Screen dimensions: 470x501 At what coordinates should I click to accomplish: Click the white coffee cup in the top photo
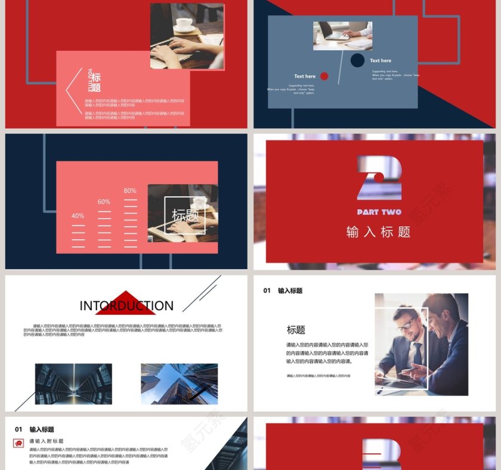[x=184, y=24]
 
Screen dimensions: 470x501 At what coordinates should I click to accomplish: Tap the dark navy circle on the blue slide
[x=357, y=60]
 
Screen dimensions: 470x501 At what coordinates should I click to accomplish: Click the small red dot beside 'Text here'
[x=324, y=76]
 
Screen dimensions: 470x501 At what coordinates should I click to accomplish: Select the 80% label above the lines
[x=130, y=191]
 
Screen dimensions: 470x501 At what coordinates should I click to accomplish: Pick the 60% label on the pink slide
[x=104, y=202]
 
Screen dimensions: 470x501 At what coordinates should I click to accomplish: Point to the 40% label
[x=78, y=215]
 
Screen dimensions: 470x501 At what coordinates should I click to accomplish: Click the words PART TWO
[x=379, y=212]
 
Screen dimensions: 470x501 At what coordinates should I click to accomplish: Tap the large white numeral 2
[x=379, y=177]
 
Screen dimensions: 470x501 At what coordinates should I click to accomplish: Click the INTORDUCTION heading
[x=126, y=306]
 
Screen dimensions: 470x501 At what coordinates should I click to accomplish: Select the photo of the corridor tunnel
[x=73, y=384]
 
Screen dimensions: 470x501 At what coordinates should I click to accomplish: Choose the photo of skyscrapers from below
[x=179, y=384]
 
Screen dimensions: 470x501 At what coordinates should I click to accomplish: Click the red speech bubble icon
[x=18, y=443]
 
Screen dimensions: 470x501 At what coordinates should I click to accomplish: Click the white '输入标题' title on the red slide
[x=379, y=232]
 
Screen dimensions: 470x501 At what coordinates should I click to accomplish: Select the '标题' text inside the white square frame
[x=185, y=215]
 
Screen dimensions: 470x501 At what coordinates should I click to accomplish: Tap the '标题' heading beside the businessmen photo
[x=296, y=330]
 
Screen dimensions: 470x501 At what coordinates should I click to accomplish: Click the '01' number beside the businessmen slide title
[x=267, y=291]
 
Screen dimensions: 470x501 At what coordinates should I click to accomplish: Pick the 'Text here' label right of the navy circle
[x=381, y=61]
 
